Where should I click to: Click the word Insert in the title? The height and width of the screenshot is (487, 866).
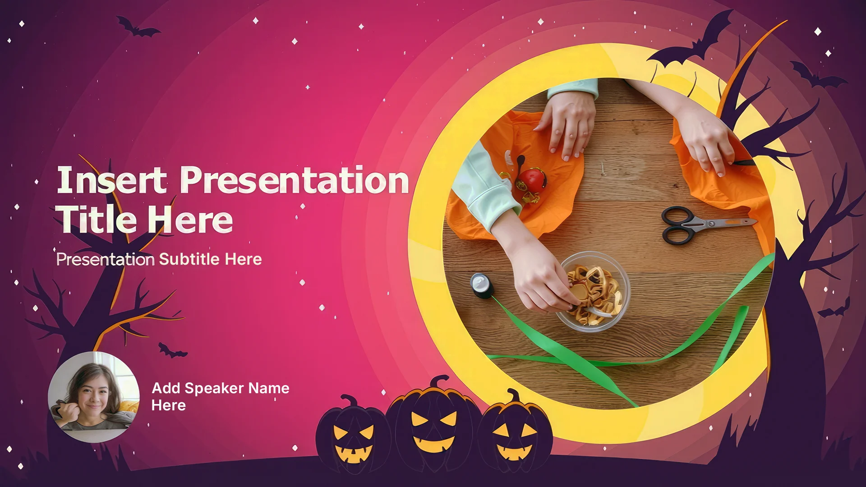pos(111,179)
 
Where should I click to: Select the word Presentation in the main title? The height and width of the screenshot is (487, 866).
pos(294,180)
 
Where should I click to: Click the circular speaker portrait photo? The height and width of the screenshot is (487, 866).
pos(93,396)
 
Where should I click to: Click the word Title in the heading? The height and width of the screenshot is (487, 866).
pos(98,219)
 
